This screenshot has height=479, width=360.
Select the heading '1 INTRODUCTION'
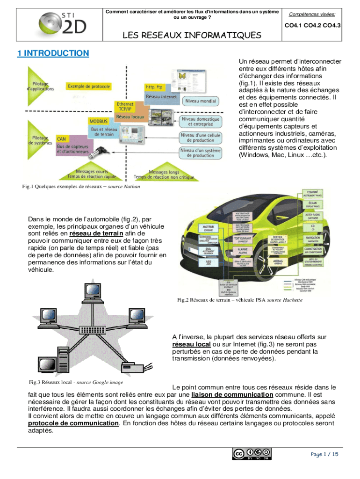pos(53,53)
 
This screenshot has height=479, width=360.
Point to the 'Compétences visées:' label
pos(315,15)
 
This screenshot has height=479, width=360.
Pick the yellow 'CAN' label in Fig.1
pos(61,139)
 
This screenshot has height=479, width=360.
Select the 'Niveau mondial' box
pos(201,102)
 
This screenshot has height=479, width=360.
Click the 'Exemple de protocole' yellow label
pos(89,87)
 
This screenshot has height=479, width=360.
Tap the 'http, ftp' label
pos(154,87)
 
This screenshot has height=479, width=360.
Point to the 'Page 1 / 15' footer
pos(324,454)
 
